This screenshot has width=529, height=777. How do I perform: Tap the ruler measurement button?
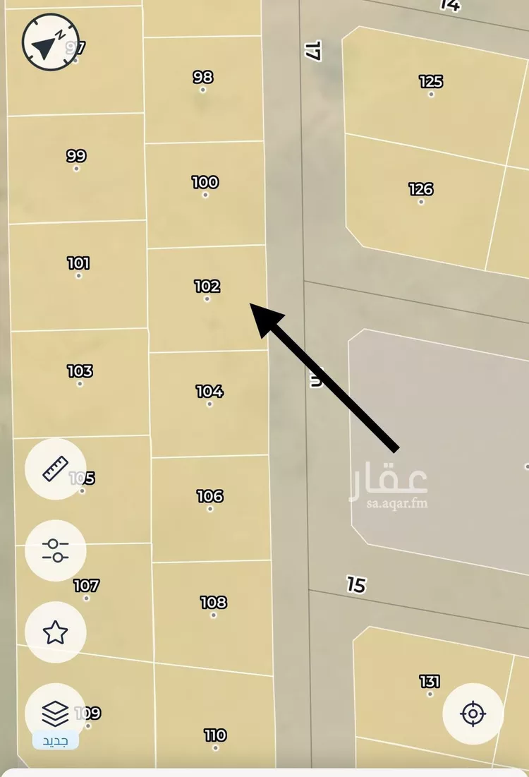pos(55,469)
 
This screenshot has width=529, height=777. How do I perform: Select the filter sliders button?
pos(55,550)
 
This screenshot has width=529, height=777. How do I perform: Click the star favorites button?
pos(55,632)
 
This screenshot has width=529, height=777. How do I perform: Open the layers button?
pos(55,713)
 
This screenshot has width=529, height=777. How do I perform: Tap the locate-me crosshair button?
pos(473,713)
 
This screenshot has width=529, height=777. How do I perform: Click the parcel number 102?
pos(207,287)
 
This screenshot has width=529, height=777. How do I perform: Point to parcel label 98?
pos(203,77)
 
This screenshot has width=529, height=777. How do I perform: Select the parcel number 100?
pos(205,182)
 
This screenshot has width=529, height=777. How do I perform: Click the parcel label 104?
pos(209,391)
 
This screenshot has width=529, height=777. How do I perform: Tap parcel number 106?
pos(210,496)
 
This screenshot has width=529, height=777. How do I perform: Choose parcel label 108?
pos(213,602)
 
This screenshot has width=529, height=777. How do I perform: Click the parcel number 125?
pos(431,81)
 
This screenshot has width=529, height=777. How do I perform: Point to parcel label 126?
pos(421,189)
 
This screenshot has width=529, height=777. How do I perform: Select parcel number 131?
pos(430,681)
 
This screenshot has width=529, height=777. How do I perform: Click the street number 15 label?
pos(357,584)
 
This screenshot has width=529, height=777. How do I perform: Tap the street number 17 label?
pos(313,50)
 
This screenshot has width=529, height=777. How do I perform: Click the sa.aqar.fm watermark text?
pos(389,503)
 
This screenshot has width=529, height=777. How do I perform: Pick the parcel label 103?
pos(80,371)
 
